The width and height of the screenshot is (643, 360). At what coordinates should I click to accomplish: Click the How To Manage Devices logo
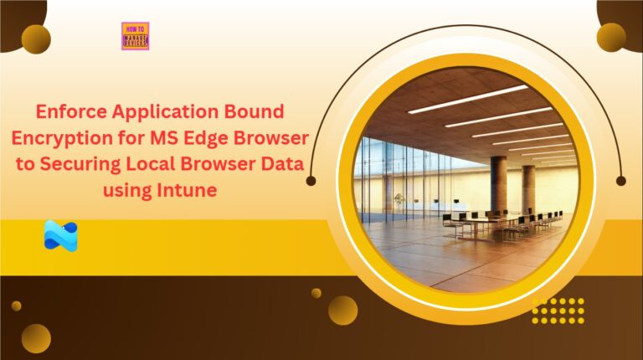pyautogui.click(x=135, y=36)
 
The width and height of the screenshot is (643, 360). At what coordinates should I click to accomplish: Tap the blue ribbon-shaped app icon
pyautogui.click(x=60, y=236)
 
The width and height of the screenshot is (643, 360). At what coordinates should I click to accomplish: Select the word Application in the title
pyautogui.click(x=163, y=111)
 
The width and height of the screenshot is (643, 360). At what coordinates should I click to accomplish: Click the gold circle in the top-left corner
pyautogui.click(x=36, y=39)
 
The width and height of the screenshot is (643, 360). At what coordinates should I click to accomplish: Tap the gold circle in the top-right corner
pyautogui.click(x=611, y=37)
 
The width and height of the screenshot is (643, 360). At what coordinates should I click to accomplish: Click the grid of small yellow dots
pyautogui.click(x=558, y=310)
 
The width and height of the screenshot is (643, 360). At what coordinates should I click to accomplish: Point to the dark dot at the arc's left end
pyautogui.click(x=311, y=180)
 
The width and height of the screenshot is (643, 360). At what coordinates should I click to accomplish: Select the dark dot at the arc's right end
pyautogui.click(x=620, y=180)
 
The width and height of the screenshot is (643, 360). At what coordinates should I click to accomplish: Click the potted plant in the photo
pyautogui.click(x=399, y=202)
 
